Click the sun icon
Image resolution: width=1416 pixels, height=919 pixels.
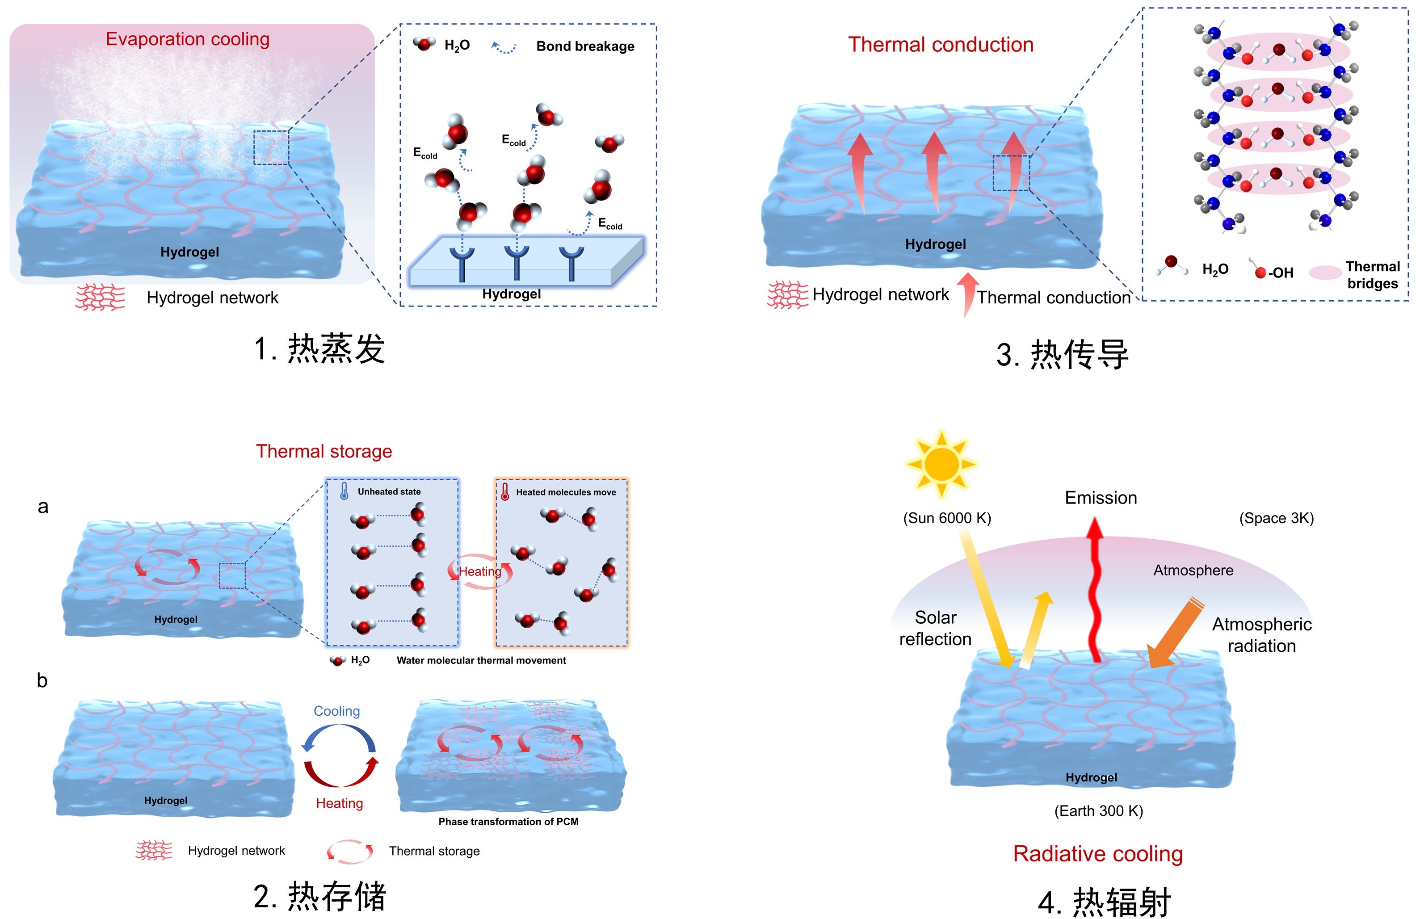(x=941, y=463)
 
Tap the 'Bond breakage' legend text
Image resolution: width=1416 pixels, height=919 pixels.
(x=585, y=46)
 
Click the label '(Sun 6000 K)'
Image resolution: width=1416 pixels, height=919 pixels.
(x=946, y=518)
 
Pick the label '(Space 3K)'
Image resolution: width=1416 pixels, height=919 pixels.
(x=1276, y=518)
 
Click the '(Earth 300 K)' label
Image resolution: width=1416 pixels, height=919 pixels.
(x=1098, y=811)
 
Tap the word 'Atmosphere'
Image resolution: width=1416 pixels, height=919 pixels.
(x=1193, y=571)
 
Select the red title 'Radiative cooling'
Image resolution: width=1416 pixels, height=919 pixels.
(x=1098, y=854)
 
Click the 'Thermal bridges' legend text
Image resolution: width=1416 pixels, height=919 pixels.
(x=1373, y=275)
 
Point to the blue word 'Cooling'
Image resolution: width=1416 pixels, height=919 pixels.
(x=337, y=711)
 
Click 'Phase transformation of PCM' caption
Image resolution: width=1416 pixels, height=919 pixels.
(x=508, y=822)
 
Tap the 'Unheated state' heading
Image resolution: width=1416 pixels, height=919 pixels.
(x=389, y=491)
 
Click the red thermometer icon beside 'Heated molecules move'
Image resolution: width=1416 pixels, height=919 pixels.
(x=504, y=491)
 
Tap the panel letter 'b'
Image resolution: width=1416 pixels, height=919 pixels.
(x=42, y=680)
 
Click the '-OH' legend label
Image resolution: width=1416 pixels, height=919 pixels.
(x=1280, y=273)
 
